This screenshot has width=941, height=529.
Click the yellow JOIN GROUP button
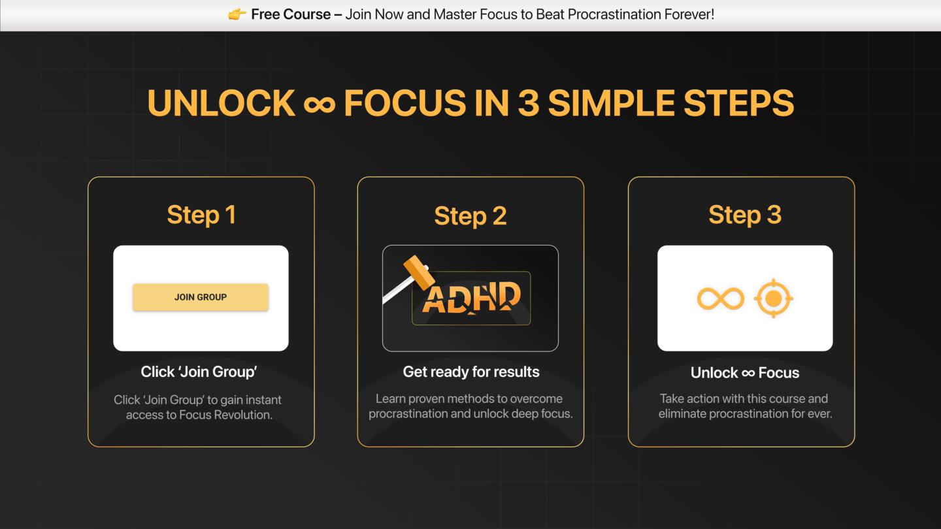[x=201, y=297]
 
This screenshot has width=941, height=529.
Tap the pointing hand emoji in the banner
[x=237, y=14]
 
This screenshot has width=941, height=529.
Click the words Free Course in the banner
[x=291, y=14]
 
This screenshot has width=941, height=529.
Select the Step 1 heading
[x=201, y=215]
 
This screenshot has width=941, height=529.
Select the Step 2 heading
[x=470, y=216]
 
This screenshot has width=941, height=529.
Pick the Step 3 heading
[x=745, y=215]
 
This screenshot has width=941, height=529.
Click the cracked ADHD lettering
[x=471, y=298]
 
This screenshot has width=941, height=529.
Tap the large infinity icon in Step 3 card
[x=721, y=298]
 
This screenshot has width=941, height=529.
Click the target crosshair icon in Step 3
[x=773, y=298]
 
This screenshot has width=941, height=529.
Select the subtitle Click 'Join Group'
[x=199, y=372]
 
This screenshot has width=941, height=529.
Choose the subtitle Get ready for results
[x=471, y=372]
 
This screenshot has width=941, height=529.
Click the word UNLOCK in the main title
[x=221, y=103]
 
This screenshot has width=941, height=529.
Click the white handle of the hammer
[x=395, y=294]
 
